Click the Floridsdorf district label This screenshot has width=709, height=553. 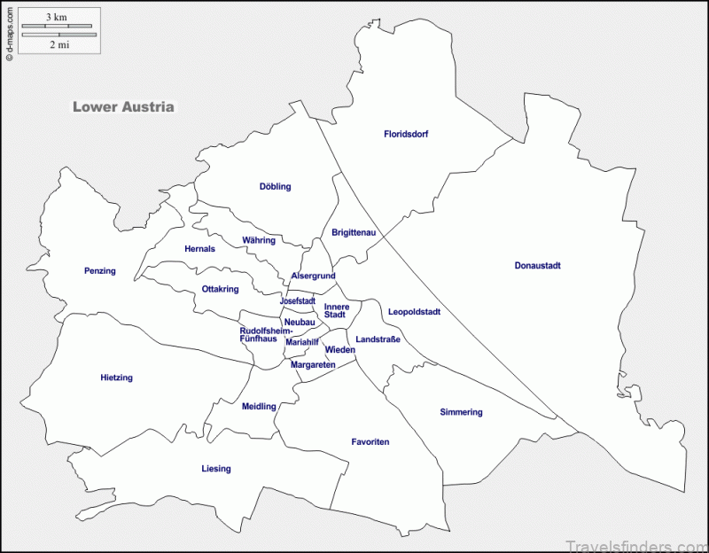406,135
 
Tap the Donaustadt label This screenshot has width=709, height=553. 537,266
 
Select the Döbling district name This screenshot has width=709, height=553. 275,187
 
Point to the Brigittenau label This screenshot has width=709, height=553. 354,233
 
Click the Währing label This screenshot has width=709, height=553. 259,240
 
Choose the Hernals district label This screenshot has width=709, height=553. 199,249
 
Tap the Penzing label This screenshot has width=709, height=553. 100,271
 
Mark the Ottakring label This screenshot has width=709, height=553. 220,289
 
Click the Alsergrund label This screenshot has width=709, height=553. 313,276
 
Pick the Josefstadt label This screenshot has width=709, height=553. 298,301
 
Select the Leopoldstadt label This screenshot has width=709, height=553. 414,312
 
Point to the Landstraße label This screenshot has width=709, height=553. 378,339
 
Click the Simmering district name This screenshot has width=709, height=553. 461,412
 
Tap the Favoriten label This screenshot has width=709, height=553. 370,441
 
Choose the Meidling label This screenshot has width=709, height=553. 259,407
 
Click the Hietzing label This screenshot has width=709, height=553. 116,378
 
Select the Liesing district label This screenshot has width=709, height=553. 215,469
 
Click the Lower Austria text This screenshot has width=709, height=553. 123,107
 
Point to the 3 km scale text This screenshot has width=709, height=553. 57,18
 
